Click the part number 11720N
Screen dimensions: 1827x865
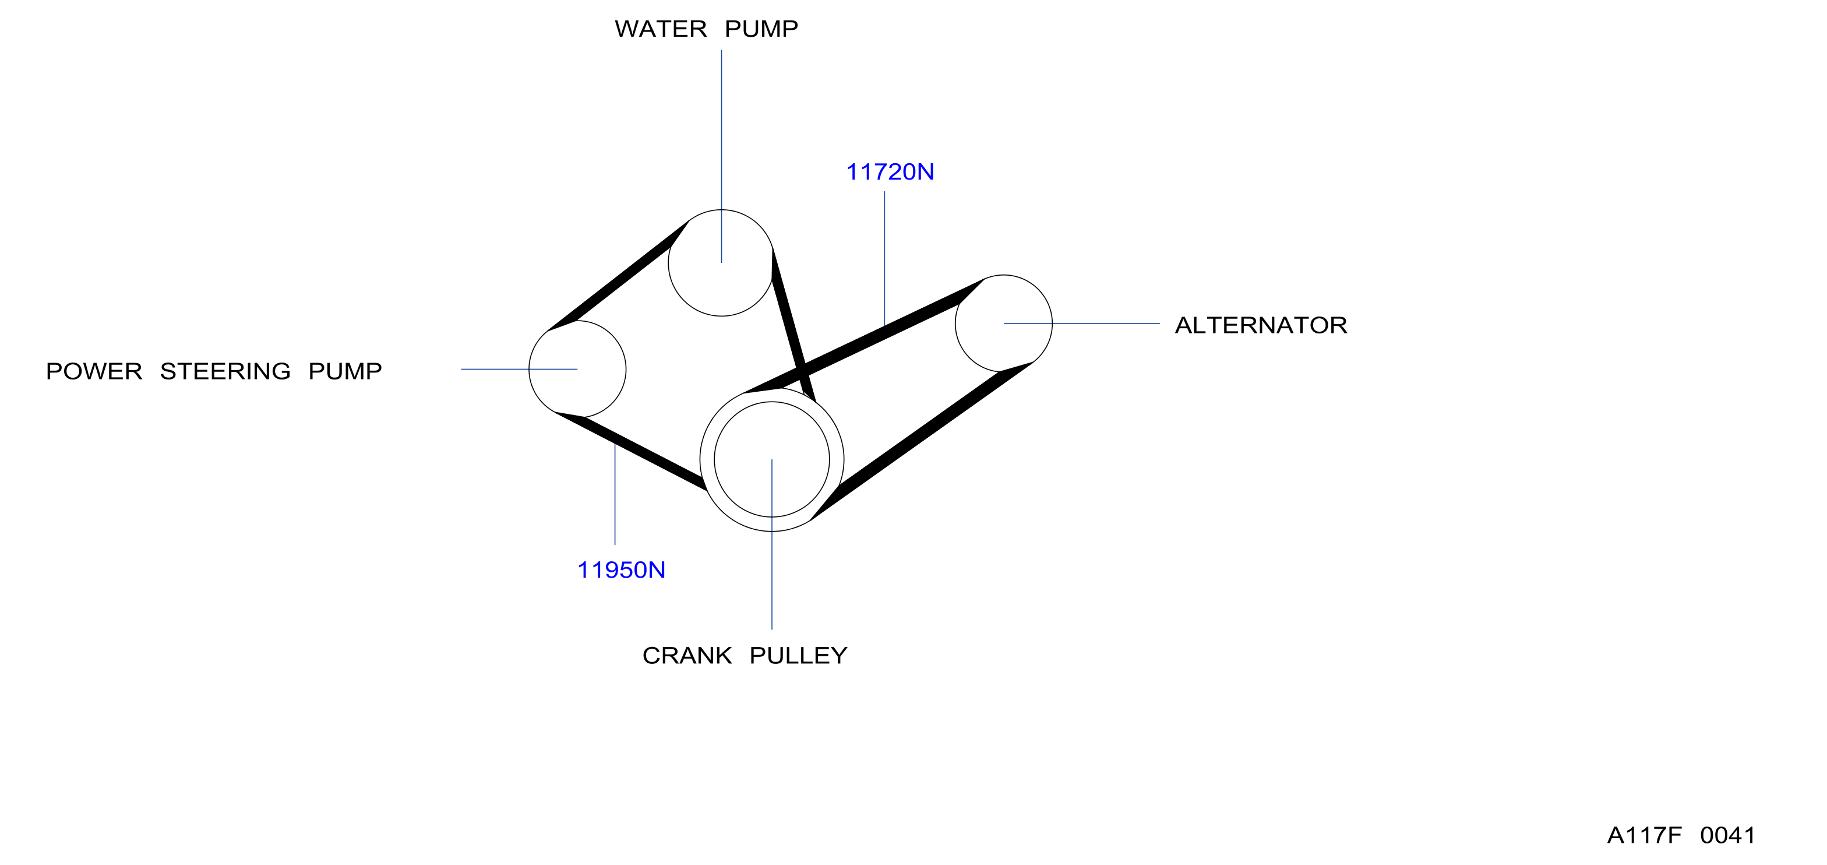coord(890,172)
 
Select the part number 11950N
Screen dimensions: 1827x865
coord(621,570)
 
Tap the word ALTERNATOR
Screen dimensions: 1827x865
coord(1261,325)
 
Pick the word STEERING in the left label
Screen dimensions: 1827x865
coord(225,371)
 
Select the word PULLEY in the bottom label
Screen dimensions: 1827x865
coord(799,656)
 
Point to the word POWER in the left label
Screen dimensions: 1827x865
coord(94,371)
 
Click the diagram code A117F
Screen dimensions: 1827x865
coord(1644,835)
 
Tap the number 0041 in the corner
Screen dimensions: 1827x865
coord(1728,835)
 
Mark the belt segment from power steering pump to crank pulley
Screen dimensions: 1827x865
coord(631,450)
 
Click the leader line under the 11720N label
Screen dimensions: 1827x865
coord(884,258)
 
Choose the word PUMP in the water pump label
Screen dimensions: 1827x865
coord(761,29)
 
